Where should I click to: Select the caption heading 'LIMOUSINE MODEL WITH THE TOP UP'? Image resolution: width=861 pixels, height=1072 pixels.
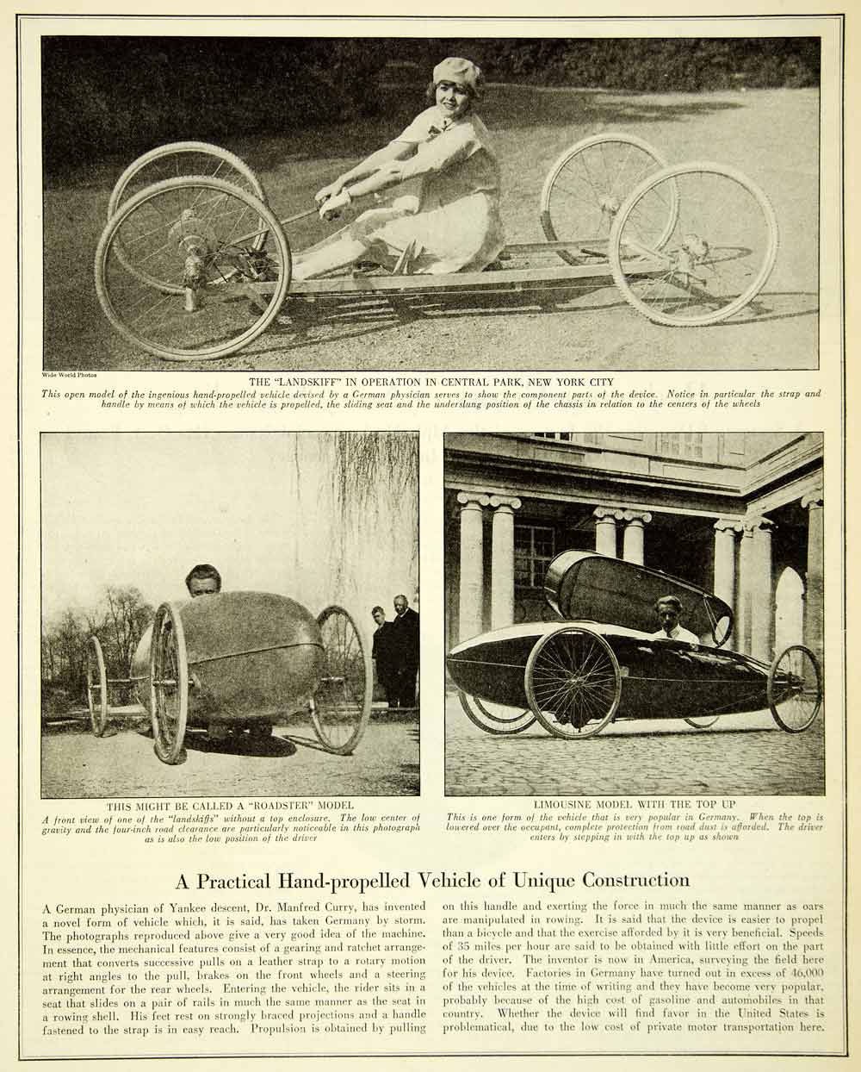tap(634, 805)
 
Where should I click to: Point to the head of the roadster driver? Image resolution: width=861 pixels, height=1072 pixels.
tap(203, 580)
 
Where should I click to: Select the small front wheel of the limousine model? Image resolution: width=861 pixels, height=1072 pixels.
tap(795, 689)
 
